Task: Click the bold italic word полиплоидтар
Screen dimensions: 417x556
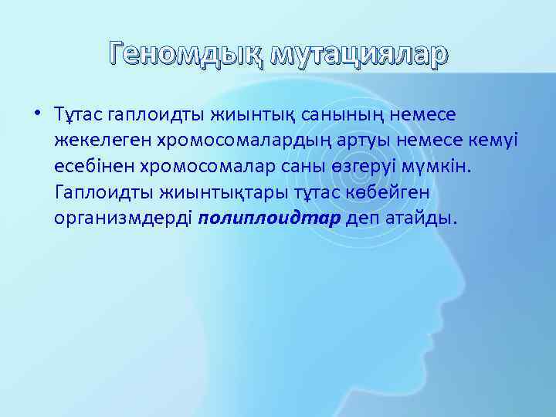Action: pyautogui.click(x=269, y=218)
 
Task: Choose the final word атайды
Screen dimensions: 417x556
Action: pyautogui.click(x=422, y=218)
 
